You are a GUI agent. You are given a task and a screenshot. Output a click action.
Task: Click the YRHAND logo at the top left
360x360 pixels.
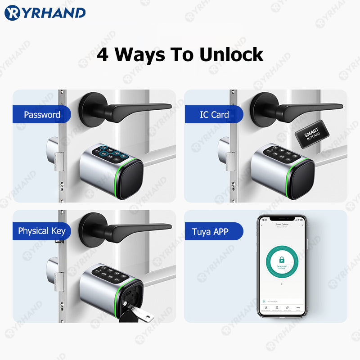point(45,13)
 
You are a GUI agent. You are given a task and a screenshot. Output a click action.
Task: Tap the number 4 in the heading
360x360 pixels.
point(103,54)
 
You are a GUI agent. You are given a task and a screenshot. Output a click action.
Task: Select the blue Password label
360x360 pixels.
point(41,115)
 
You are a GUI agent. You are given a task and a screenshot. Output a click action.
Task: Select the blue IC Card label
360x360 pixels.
point(214,115)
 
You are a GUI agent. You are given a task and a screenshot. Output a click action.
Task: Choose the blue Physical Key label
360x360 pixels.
point(41,231)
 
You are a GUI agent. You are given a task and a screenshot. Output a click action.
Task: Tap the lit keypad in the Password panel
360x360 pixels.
point(111,153)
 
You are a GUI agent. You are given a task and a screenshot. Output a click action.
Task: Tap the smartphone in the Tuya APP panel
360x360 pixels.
point(281,265)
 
